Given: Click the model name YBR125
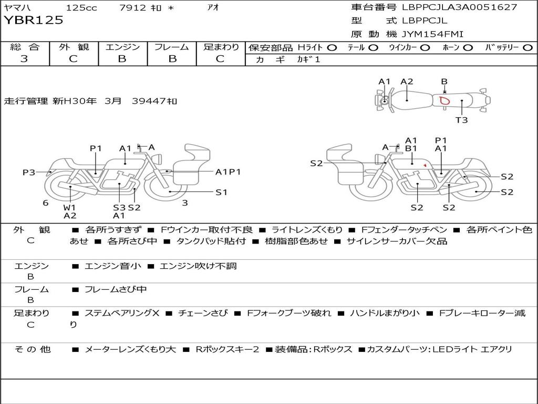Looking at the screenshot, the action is point(33,20).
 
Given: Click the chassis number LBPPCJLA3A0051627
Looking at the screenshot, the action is point(459,7).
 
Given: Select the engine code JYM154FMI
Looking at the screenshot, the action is point(432,34).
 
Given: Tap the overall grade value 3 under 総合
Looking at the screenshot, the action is point(24,59).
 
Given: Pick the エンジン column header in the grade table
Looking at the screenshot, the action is point(122,47).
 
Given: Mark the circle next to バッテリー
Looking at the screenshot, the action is point(527,48).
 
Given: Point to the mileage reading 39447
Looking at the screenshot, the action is point(149,101).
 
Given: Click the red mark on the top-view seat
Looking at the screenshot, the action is point(444,100).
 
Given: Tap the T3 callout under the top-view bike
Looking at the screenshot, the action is point(461,120).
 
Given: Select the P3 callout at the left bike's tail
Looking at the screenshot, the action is point(29,172).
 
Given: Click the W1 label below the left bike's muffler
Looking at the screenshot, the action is point(69,207).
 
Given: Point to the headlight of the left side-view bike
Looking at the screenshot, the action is point(158,159).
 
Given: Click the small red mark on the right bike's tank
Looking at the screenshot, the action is point(425,165).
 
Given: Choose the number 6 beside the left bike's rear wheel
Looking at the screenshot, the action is point(45,203).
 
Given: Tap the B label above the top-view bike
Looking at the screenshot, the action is point(444,82).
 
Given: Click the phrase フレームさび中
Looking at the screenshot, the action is point(116,290).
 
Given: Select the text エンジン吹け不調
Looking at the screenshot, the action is point(198,266).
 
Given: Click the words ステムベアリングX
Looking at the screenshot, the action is point(122,313).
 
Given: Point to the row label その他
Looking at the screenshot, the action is point(33,349).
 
